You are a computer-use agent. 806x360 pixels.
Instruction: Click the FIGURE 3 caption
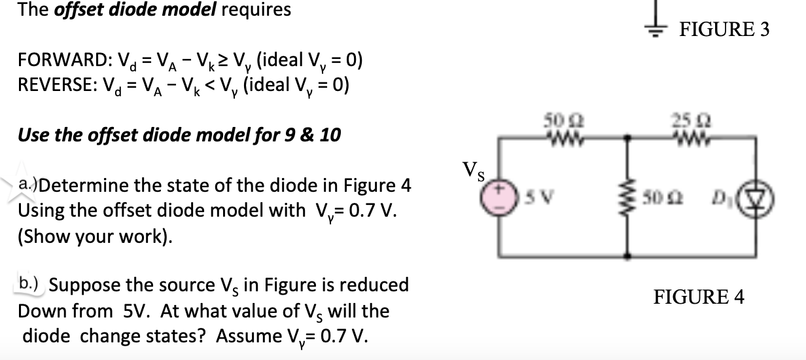[725, 29]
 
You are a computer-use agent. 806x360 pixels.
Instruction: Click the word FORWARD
[55, 62]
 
